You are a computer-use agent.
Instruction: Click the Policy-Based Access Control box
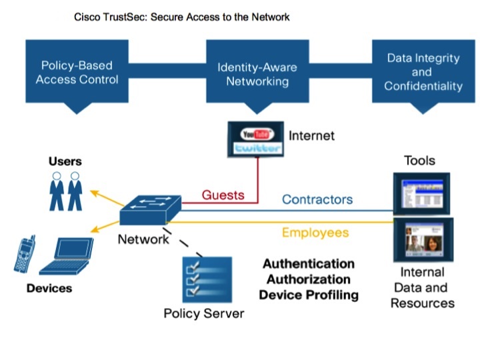(x=77, y=73)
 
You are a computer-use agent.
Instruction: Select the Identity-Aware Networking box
(x=257, y=74)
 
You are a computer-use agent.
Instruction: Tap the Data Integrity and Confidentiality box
(x=423, y=72)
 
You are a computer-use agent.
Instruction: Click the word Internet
(x=311, y=136)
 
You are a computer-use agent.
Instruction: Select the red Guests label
(x=223, y=195)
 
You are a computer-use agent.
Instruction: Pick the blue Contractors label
(x=317, y=199)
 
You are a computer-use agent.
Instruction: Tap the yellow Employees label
(x=315, y=232)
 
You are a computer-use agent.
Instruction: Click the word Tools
(x=419, y=160)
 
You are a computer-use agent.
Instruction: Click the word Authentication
(x=308, y=263)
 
